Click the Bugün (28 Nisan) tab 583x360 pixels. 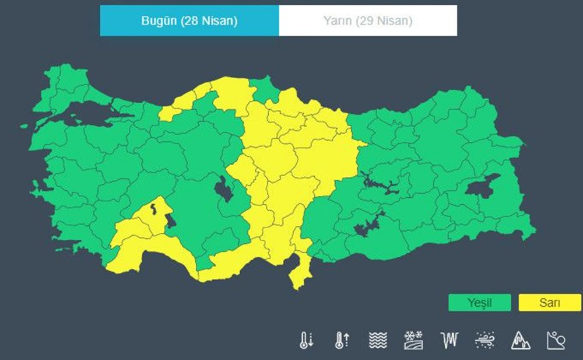[x=189, y=21]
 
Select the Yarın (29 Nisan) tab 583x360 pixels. [x=368, y=21]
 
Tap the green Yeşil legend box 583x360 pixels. [x=479, y=303]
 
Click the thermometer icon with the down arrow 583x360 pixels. [x=306, y=340]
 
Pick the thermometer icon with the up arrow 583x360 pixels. [x=342, y=340]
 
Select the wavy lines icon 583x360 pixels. [x=378, y=340]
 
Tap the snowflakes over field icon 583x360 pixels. [x=413, y=340]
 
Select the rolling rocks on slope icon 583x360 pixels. [x=556, y=340]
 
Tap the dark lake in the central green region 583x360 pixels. [x=223, y=190]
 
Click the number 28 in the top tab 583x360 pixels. [x=191, y=21]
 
